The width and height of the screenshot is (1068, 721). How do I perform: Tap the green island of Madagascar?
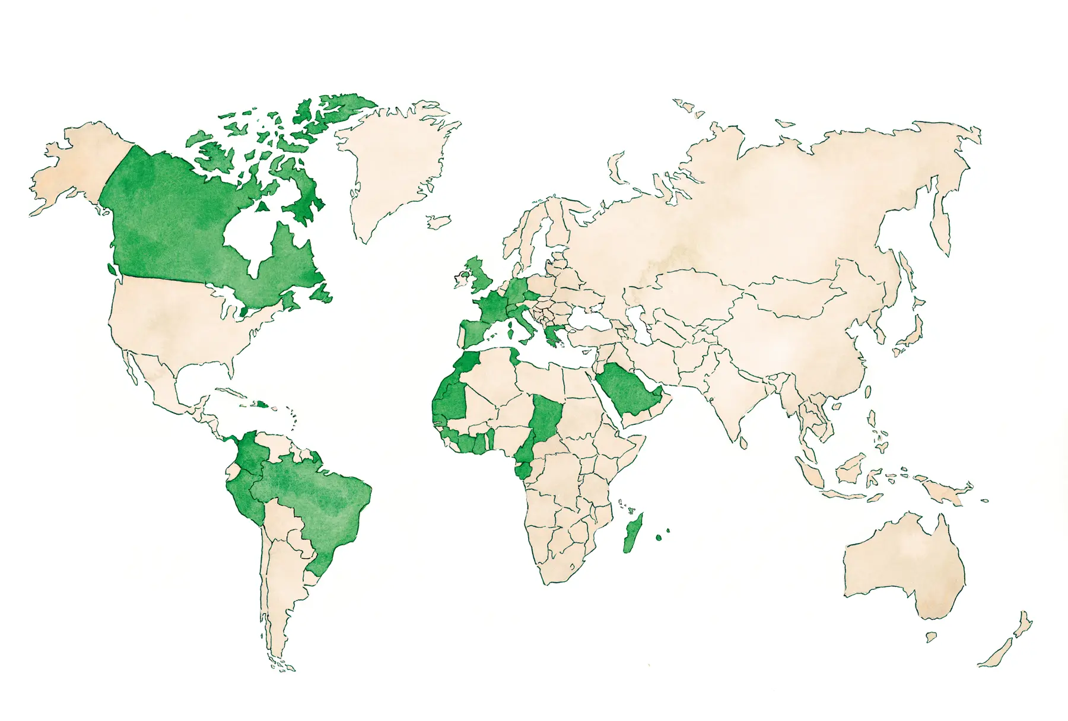(633, 534)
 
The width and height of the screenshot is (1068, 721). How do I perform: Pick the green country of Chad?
(546, 415)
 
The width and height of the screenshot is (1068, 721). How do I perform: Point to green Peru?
(243, 498)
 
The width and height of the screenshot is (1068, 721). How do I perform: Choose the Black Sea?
(587, 321)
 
